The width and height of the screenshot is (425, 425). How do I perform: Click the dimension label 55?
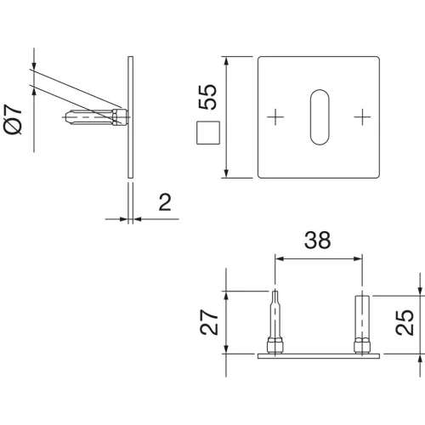tap(207, 97)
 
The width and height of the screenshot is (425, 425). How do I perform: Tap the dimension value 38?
tap(317, 241)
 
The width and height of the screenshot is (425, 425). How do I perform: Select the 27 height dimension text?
tap(209, 322)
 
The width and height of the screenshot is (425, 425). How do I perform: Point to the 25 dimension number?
tap(405, 323)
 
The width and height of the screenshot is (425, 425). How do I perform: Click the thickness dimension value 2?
tap(165, 202)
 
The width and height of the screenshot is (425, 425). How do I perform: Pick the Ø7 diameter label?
tap(13, 119)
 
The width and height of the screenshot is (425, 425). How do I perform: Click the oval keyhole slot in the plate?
tap(320, 117)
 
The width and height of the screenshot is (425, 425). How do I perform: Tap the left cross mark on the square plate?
tap(275, 116)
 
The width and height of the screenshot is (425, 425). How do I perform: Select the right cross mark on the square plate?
tap(362, 116)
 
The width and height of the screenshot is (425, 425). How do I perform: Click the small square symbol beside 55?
tap(208, 133)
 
